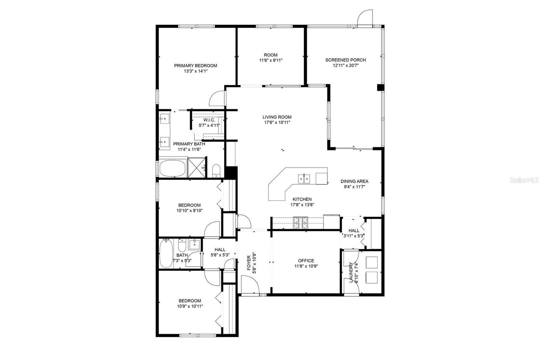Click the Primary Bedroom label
coord(195,66)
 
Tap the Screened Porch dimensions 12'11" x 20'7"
coord(345,66)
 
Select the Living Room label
coord(277,117)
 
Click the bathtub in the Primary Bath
coord(172,168)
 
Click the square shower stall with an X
coord(197,168)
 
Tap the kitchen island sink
coord(304,178)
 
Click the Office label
coord(306,260)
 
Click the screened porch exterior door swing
coord(366,18)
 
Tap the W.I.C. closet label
coord(209,120)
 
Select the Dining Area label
coord(354,181)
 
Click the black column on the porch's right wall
coord(380,87)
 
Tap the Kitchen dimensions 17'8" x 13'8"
coord(302,204)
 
